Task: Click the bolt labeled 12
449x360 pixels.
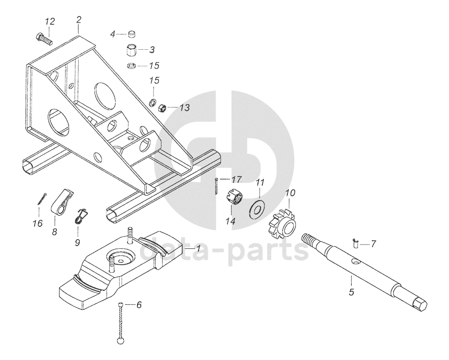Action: [43, 37]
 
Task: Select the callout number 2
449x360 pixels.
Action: [79, 20]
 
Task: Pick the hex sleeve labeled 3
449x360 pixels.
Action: [131, 51]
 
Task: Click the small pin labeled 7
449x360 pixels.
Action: [356, 243]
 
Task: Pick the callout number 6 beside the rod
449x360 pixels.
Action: [139, 305]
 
